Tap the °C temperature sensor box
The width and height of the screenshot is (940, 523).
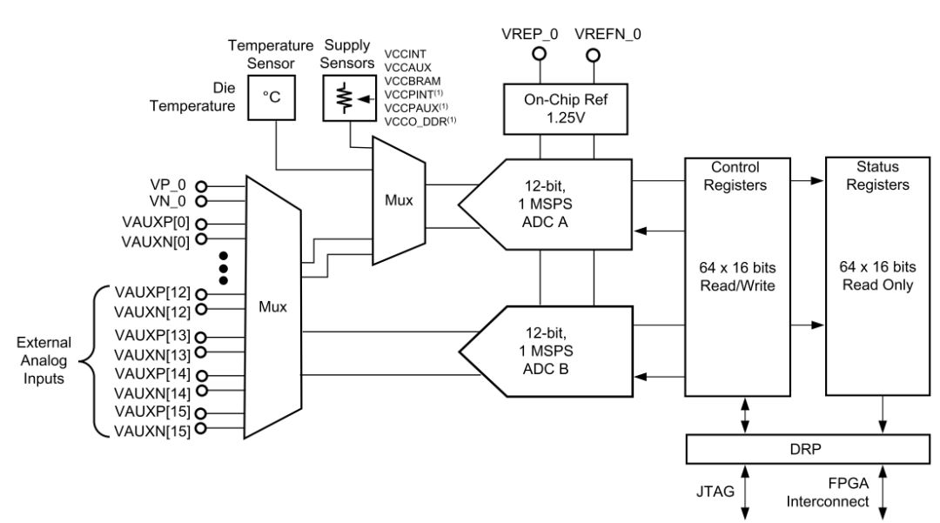(272, 97)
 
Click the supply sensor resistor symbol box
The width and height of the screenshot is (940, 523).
(346, 97)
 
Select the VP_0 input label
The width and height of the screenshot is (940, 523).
(169, 186)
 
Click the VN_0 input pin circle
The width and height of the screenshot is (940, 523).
(202, 202)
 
